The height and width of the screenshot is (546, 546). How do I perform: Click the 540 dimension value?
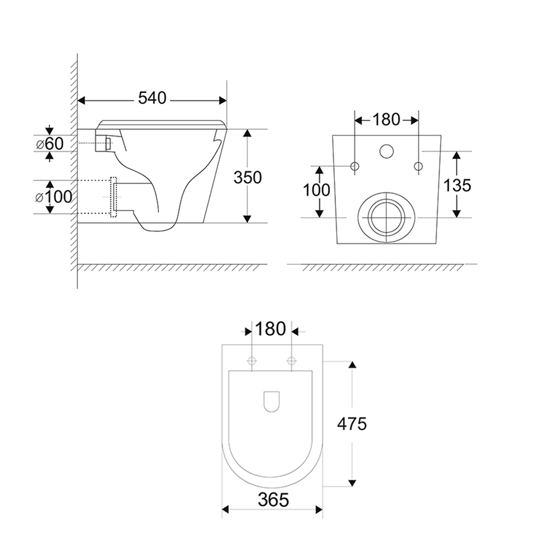coord(152,98)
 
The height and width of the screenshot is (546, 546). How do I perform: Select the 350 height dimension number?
coord(247,177)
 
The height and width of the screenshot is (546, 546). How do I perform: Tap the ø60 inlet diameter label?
coord(50,144)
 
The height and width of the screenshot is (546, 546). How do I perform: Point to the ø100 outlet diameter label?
coord(54,196)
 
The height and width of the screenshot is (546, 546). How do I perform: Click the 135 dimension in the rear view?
coord(456,185)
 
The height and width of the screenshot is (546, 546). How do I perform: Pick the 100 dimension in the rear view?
coord(317,190)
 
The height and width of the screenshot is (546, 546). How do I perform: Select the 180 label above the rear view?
coord(387,119)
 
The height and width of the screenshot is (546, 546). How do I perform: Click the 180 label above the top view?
coord(271,329)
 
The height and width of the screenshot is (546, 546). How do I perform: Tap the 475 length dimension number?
coord(352,423)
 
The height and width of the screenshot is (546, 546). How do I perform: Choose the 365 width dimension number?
coord(271,499)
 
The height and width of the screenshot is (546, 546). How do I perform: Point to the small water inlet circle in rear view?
coord(387,151)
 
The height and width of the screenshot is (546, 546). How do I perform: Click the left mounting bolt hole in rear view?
coord(355,166)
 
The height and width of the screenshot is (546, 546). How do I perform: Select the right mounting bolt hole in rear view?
coord(419,166)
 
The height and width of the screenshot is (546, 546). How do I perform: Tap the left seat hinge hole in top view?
coord(252,360)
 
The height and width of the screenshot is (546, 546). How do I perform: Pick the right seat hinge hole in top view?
coord(291,360)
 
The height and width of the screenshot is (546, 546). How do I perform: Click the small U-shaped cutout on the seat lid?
coord(271,401)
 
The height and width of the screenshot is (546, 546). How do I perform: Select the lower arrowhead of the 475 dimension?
coord(352,483)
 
